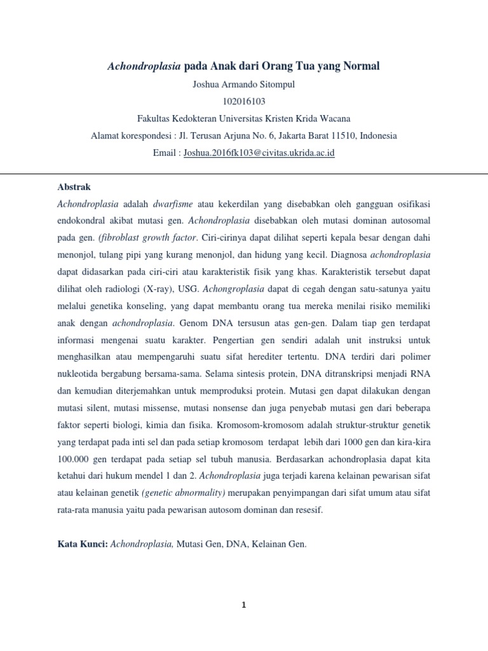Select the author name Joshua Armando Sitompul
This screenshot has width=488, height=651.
point(243,85)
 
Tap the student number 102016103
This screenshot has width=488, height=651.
point(243,101)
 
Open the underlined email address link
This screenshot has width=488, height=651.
point(259,153)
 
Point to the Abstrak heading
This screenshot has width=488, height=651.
point(74,188)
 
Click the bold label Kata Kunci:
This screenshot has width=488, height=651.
point(83,544)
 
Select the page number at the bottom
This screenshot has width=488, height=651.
point(243,605)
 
